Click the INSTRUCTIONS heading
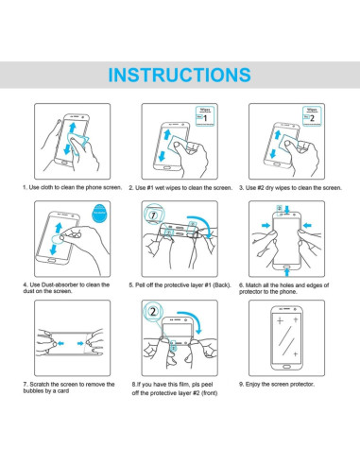click(x=180, y=75)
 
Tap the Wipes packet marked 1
click(x=205, y=116)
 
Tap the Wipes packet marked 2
click(x=312, y=116)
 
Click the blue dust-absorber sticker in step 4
click(x=99, y=214)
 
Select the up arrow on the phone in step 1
click(x=73, y=128)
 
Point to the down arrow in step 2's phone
click(x=162, y=156)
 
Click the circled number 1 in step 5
click(x=153, y=215)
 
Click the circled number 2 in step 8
click(x=153, y=312)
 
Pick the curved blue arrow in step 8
click(x=193, y=319)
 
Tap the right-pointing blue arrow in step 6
click(x=266, y=226)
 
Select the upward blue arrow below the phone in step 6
click(x=286, y=271)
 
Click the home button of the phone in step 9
click(x=286, y=367)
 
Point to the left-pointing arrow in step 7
click(x=60, y=343)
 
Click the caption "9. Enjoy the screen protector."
click(x=277, y=385)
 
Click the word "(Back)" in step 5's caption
click(x=222, y=285)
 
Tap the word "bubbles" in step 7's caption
click(x=33, y=391)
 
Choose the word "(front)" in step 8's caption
click(x=210, y=393)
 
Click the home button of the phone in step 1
click(x=64, y=163)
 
